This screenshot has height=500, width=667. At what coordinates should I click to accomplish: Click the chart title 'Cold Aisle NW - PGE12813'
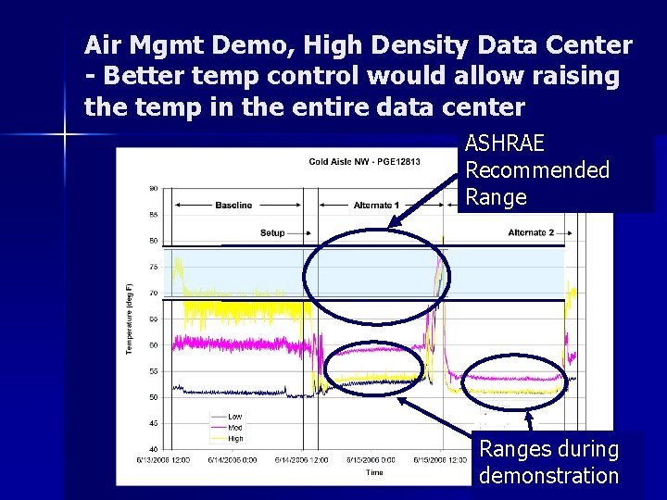(x=364, y=162)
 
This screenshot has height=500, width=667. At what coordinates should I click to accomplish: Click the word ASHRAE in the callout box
(x=504, y=144)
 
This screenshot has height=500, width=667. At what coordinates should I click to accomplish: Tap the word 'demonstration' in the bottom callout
(x=548, y=476)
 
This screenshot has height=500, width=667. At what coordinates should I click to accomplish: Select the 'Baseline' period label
(x=233, y=205)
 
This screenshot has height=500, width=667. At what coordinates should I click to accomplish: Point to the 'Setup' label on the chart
(x=272, y=232)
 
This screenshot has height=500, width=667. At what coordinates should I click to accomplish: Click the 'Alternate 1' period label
(x=377, y=205)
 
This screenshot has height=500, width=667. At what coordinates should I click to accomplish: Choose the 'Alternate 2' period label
(x=531, y=232)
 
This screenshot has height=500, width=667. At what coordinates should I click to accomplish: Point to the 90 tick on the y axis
(x=153, y=188)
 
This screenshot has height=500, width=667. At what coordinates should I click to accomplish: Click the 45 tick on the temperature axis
(x=153, y=423)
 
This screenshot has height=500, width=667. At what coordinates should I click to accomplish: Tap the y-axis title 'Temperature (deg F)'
(x=130, y=319)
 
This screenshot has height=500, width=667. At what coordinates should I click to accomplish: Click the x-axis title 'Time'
(x=373, y=472)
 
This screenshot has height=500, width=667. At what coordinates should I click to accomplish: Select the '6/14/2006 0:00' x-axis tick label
(x=233, y=459)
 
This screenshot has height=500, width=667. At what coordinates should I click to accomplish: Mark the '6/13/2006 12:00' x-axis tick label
(x=164, y=459)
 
